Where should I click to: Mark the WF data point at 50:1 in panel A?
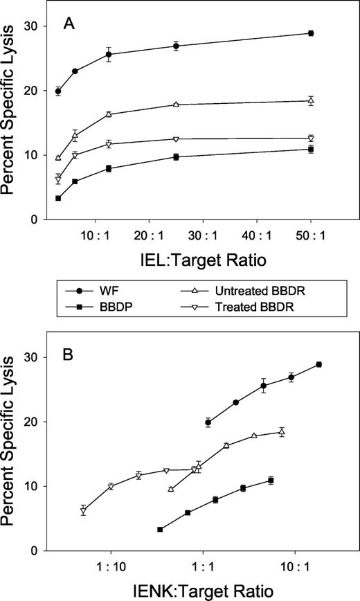311,33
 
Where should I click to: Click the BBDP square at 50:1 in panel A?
311,150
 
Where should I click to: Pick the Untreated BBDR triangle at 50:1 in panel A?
311,101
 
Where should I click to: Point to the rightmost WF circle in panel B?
319,364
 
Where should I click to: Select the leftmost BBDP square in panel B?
160,530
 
